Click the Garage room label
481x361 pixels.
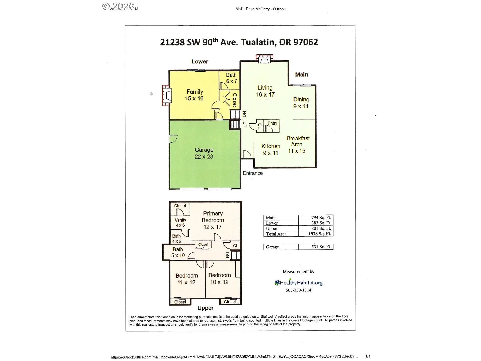point(204,153)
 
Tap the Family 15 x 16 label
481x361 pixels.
point(194,95)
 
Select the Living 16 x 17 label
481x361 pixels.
point(265,91)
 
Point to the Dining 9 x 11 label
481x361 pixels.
point(301,103)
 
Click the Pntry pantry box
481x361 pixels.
point(272,126)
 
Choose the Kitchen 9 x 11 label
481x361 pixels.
point(271,149)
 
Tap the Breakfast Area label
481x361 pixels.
point(298,144)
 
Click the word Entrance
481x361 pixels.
point(253,173)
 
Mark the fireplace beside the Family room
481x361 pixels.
point(167,96)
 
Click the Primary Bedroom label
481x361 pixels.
point(213,220)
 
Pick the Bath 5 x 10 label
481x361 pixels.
point(178,252)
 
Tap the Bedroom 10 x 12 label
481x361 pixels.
point(219,278)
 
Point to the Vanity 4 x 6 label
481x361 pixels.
point(180,222)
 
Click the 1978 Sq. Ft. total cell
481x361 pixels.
point(319,234)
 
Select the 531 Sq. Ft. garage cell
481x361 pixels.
point(321,247)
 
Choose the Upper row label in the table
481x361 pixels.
point(272,228)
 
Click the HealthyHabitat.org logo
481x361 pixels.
point(298,283)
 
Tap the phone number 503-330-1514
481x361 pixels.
point(298,290)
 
